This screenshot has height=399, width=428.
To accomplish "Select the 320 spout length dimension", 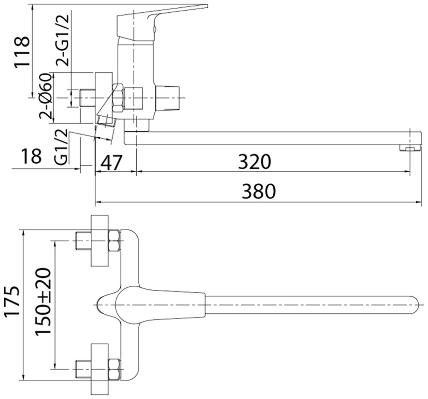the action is (254, 162).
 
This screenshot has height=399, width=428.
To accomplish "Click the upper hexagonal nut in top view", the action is (115, 241).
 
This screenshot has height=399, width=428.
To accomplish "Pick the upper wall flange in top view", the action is (100, 241).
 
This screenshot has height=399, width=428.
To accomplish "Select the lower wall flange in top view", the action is (100, 369).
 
